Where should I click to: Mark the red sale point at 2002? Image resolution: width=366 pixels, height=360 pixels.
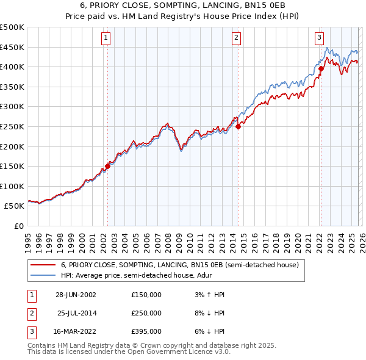coord(108,165)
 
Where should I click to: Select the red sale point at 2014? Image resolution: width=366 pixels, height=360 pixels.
coord(238,126)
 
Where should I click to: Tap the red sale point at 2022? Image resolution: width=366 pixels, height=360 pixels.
coord(320,69)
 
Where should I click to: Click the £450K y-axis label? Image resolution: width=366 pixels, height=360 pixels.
coord(12,47)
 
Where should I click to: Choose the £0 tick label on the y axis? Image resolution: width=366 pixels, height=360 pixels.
coord(19,226)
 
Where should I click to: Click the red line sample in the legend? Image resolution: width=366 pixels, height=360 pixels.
coord(43,265)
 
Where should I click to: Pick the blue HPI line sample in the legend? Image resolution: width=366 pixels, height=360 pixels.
coord(43,276)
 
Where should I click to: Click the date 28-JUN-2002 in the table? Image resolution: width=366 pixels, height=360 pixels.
coord(76,295)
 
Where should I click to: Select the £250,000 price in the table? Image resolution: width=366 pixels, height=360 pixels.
coord(146,313)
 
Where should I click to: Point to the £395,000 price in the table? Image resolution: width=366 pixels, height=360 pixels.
coord(146,331)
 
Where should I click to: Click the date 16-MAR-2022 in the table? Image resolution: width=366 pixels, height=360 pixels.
coord(76,331)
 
